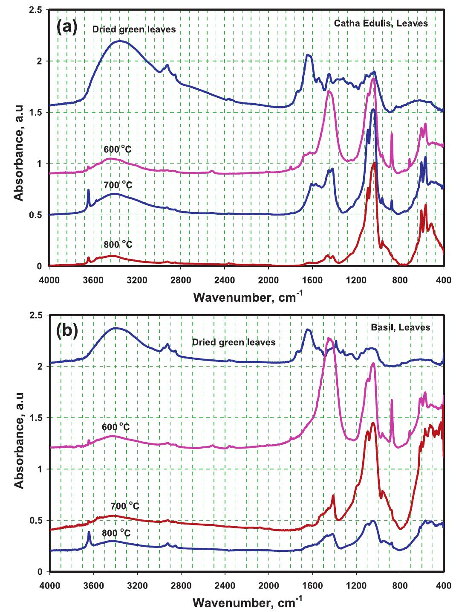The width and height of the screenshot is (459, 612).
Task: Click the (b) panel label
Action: tap(66, 332)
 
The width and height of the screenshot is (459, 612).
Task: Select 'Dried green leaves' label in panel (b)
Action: tap(233, 342)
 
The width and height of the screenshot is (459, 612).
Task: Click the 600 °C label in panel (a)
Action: tap(118, 149)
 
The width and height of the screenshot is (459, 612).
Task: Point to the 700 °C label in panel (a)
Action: tap(118, 185)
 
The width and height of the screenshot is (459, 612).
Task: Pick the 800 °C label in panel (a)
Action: tap(118, 245)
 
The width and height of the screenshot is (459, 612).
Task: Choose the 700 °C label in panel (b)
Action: tap(124, 507)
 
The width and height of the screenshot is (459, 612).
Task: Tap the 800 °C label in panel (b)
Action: tap(116, 533)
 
